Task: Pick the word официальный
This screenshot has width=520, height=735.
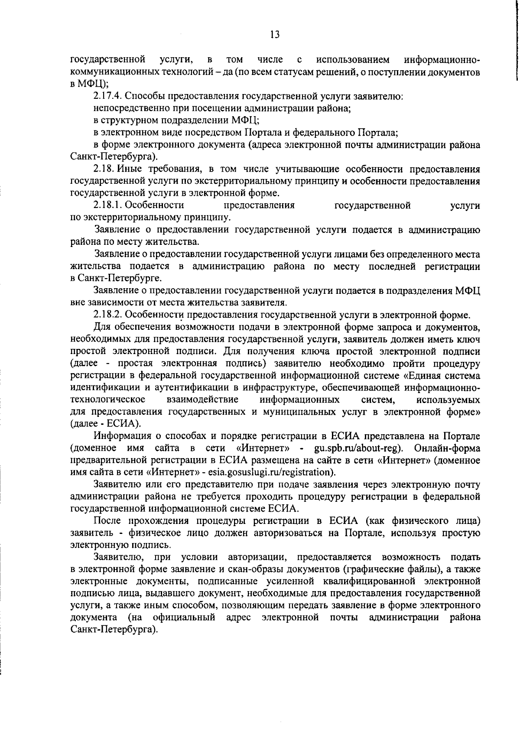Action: (184, 617)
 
